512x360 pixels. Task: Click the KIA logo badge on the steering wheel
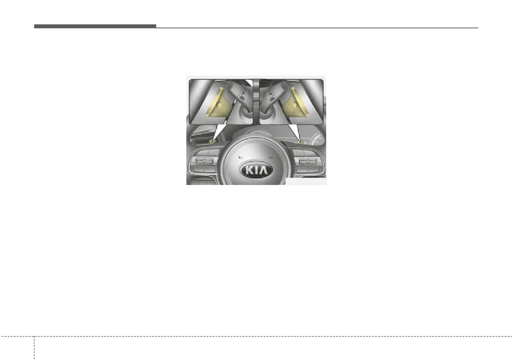click(256, 170)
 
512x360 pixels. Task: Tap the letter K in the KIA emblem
click(249, 170)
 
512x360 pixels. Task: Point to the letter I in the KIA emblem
click(255, 170)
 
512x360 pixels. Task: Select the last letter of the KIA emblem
click(263, 170)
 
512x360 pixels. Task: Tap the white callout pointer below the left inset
click(219, 132)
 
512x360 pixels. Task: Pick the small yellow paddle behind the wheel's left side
click(212, 142)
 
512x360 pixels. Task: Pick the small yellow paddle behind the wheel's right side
click(300, 142)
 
